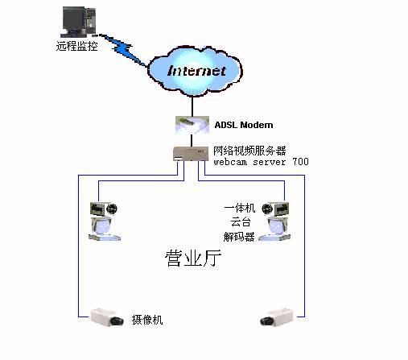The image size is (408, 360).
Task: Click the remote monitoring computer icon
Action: (79, 22)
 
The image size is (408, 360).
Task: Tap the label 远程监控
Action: (76, 46)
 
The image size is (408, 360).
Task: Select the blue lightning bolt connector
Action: (122, 50)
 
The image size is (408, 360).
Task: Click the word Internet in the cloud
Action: (196, 71)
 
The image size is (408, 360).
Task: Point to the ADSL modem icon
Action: (192, 125)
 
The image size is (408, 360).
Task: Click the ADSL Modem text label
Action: (244, 125)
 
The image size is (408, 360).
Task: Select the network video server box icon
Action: (191, 154)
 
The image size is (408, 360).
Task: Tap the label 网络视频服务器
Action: (249, 151)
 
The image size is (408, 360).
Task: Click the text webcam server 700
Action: (261, 162)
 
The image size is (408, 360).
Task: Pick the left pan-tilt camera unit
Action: (105, 221)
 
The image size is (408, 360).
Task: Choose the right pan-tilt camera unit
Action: (274, 221)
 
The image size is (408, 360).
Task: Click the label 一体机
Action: (239, 208)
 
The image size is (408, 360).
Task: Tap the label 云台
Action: (241, 222)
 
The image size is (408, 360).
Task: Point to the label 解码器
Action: (239, 237)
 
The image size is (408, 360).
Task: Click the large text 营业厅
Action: (193, 259)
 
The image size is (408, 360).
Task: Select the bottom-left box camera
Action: (107, 317)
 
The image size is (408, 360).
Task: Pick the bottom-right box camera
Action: (277, 317)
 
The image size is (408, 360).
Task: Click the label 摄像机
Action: (147, 320)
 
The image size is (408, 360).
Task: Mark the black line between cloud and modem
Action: (192, 106)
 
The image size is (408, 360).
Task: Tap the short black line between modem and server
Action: (192, 140)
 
